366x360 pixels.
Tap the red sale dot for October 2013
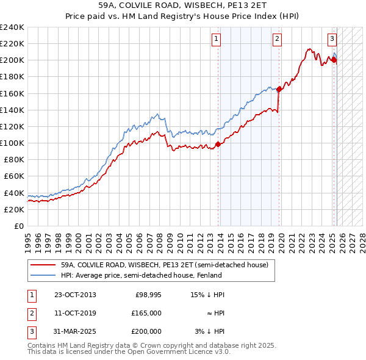218,145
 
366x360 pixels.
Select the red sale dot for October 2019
279,89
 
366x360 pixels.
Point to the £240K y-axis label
13,27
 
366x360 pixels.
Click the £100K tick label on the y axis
13,143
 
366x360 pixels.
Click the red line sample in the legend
43,265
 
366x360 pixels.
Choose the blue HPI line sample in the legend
43,275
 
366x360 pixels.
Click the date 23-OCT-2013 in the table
75,295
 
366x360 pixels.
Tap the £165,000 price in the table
146,313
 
